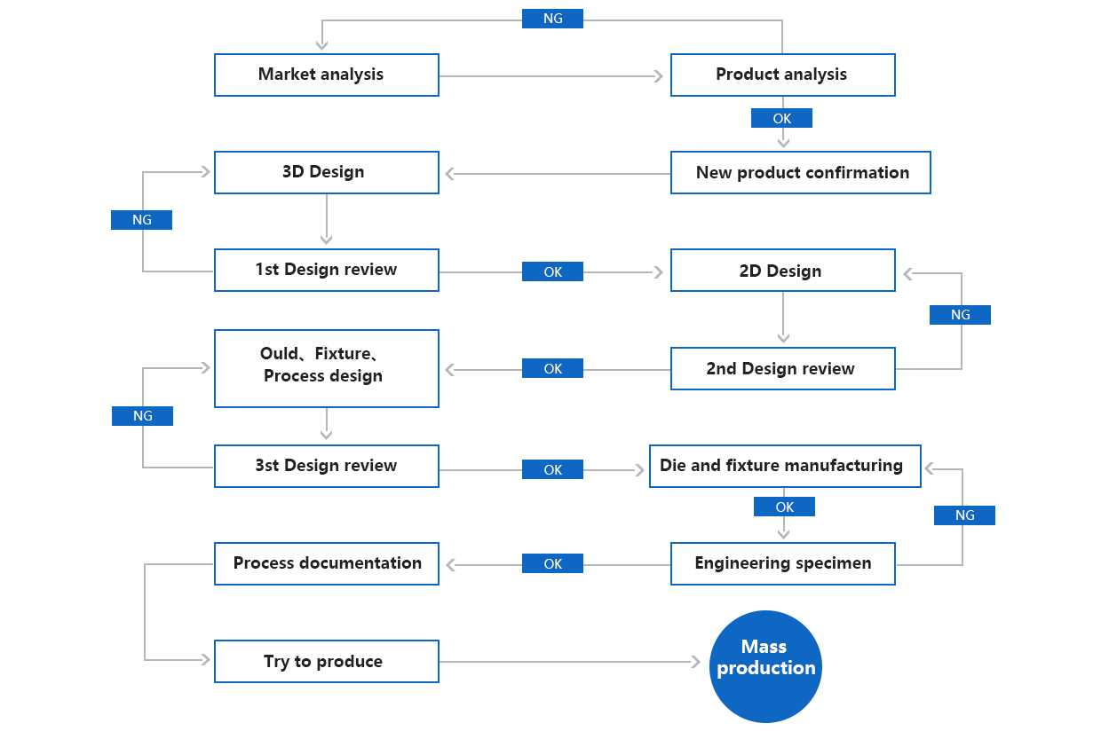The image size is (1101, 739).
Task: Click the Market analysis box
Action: [326, 75]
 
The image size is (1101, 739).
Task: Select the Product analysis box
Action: [782, 75]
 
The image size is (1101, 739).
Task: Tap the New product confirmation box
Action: [800, 172]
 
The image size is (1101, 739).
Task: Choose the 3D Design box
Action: [326, 172]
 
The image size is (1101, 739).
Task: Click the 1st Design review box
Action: [326, 270]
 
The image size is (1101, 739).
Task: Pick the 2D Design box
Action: [782, 271]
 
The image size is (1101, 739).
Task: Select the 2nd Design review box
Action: [782, 368]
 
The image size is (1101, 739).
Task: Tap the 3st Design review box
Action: [326, 466]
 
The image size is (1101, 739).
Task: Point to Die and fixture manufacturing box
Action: [785, 466]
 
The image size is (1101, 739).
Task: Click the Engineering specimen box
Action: [782, 563]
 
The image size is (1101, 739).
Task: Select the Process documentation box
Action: [326, 563]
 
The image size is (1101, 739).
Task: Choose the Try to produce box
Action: [326, 661]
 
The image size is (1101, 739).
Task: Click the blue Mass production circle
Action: [765, 666]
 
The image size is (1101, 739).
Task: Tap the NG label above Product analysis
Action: [552, 19]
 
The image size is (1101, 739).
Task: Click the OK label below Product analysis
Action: [781, 118]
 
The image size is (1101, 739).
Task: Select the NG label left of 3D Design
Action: [141, 220]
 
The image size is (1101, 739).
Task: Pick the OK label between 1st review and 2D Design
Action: [552, 271]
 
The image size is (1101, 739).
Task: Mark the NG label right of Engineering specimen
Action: [964, 515]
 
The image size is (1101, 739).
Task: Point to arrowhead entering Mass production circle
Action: [695, 662]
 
